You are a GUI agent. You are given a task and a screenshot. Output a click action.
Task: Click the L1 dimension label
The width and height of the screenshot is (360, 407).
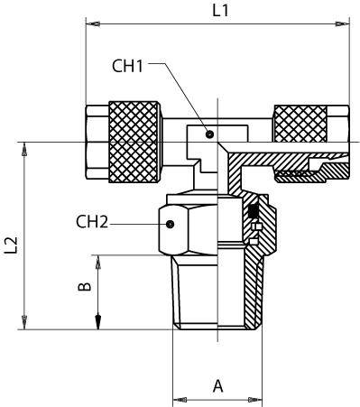click(220, 11)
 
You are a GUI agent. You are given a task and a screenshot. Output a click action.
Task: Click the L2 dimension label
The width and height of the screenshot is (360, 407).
click(12, 245)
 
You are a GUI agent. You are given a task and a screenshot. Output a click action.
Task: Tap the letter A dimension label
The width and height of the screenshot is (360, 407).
click(218, 386)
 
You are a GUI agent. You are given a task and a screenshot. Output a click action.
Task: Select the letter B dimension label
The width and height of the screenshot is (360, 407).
click(85, 286)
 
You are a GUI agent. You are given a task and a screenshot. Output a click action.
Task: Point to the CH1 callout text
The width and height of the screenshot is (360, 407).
click(127, 66)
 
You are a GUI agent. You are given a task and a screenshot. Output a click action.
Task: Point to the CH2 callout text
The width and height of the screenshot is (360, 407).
click(92, 222)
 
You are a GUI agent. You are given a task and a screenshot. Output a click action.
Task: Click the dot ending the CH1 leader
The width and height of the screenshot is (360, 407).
click(210, 134)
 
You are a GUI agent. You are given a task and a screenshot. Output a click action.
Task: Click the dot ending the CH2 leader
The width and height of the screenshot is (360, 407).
click(171, 224)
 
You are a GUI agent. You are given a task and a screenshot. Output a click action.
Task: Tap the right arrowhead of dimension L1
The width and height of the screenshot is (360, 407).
click(343, 23)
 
